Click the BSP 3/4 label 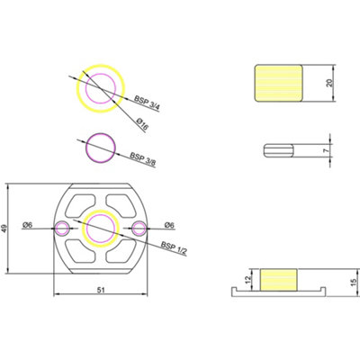point(147,103)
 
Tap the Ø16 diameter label point(142,124)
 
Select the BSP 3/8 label point(142,159)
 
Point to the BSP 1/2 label point(174,248)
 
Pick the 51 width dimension point(101,290)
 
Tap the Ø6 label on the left point(27,225)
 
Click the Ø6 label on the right point(169,225)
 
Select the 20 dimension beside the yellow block point(329,83)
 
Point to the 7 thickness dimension point(326,150)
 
